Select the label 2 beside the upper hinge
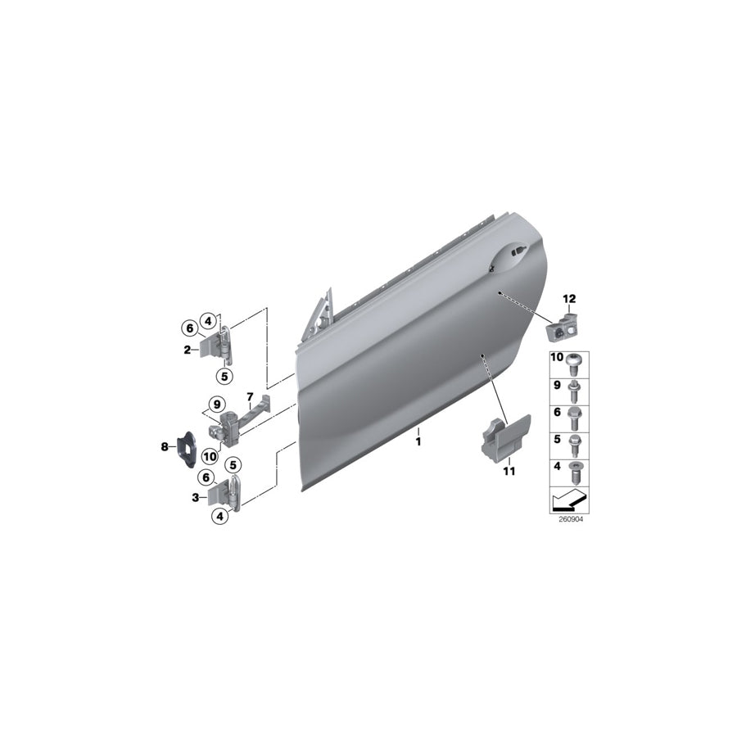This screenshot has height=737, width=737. point(187,350)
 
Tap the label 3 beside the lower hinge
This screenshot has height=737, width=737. point(196,497)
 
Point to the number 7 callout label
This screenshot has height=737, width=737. point(251,397)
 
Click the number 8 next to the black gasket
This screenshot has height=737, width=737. point(165,446)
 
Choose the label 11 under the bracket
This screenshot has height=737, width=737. point(509,471)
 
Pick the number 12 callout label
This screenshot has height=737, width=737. point(569,298)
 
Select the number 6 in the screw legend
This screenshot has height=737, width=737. point(558,413)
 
